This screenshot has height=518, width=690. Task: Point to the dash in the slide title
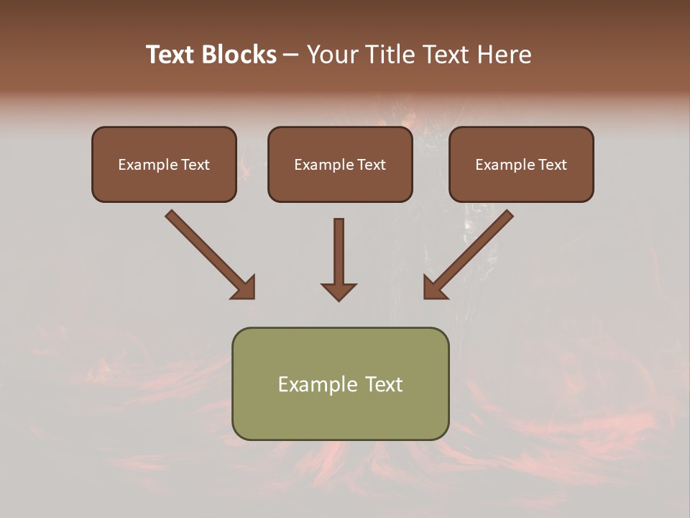pos(291,55)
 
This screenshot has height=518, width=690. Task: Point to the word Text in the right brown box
pos(551,165)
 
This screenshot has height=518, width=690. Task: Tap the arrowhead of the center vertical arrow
pos(339,291)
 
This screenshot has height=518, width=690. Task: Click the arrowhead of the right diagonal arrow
pos(434,288)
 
